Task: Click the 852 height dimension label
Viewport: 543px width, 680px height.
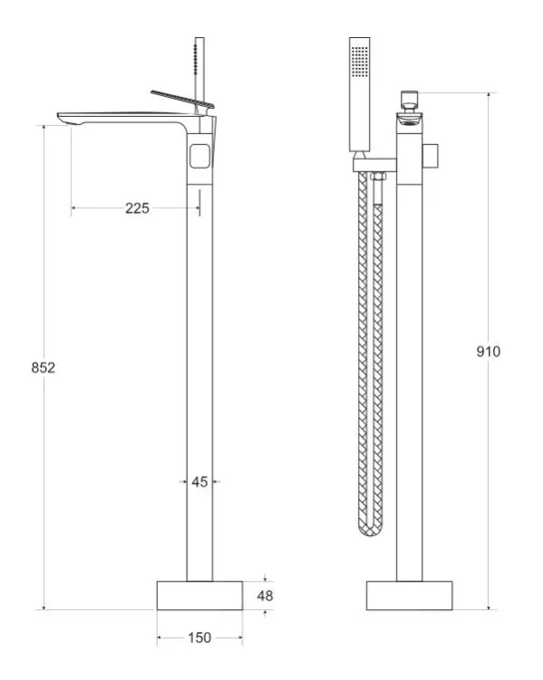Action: click(44, 368)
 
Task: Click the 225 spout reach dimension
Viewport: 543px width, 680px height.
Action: click(137, 209)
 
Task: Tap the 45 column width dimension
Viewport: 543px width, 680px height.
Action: click(199, 481)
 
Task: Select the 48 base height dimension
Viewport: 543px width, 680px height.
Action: click(265, 596)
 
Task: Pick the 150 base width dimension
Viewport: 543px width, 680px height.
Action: click(199, 637)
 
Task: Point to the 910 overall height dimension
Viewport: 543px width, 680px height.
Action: click(489, 351)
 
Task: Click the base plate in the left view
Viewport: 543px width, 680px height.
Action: click(199, 596)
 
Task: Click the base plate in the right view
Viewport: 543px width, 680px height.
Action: click(410, 596)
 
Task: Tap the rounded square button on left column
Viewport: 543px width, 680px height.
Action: click(199, 156)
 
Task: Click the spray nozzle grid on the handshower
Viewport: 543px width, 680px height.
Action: click(360, 62)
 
